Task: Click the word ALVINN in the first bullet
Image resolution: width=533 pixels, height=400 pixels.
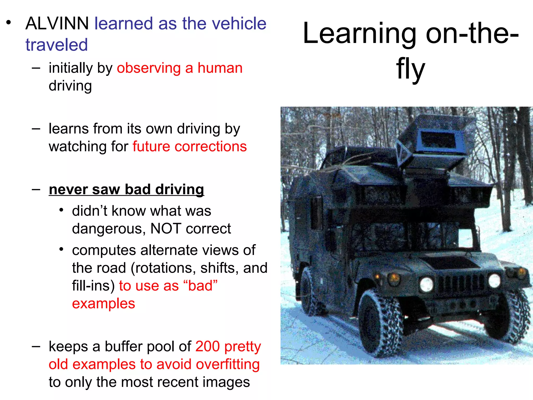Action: pyautogui.click(x=57, y=23)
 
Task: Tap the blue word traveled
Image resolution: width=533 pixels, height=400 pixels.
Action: pyautogui.click(x=56, y=45)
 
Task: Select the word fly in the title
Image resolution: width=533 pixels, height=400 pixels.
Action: pyautogui.click(x=410, y=69)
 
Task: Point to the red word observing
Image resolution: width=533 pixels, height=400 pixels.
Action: pyautogui.click(x=149, y=68)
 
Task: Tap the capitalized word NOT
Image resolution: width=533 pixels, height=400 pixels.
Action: pyautogui.click(x=166, y=229)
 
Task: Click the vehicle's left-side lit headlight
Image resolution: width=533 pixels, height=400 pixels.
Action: pyautogui.click(x=427, y=284)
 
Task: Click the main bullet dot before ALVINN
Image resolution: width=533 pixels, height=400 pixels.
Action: pyautogui.click(x=9, y=22)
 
